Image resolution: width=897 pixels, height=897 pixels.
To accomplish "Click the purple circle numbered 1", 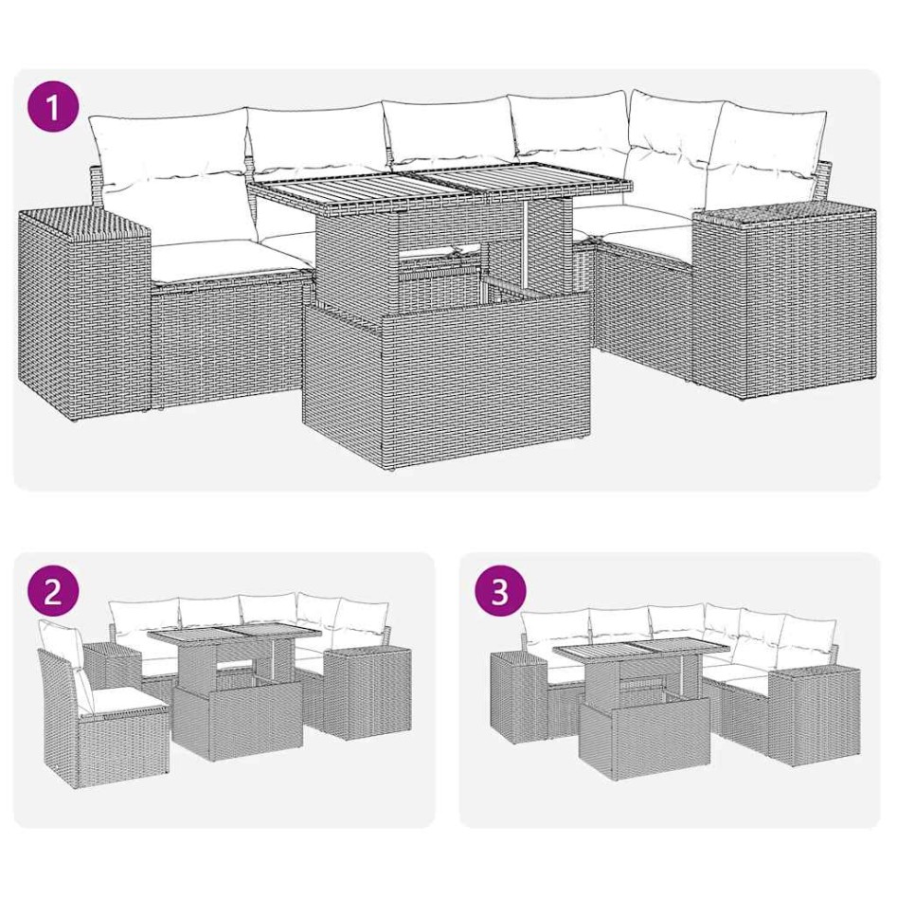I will [x=52, y=106].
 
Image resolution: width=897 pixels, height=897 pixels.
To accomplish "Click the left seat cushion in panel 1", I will [x=227, y=256].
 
